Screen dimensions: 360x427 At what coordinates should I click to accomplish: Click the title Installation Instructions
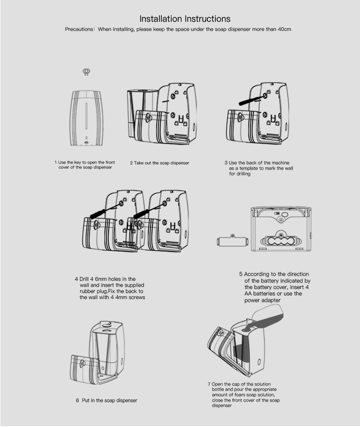[185, 19]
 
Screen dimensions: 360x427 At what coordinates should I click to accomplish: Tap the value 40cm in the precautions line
[284, 29]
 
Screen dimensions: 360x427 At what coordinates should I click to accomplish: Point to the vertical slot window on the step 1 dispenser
[87, 115]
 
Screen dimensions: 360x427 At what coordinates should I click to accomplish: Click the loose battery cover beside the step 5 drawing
[233, 241]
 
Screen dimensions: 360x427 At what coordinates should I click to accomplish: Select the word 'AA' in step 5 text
[249, 294]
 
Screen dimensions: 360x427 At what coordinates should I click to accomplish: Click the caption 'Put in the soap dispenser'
[109, 401]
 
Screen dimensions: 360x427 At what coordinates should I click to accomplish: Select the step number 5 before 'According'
[241, 274]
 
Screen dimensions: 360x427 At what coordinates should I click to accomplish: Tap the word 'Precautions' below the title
[79, 29]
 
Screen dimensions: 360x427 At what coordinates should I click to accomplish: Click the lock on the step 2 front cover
[149, 117]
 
